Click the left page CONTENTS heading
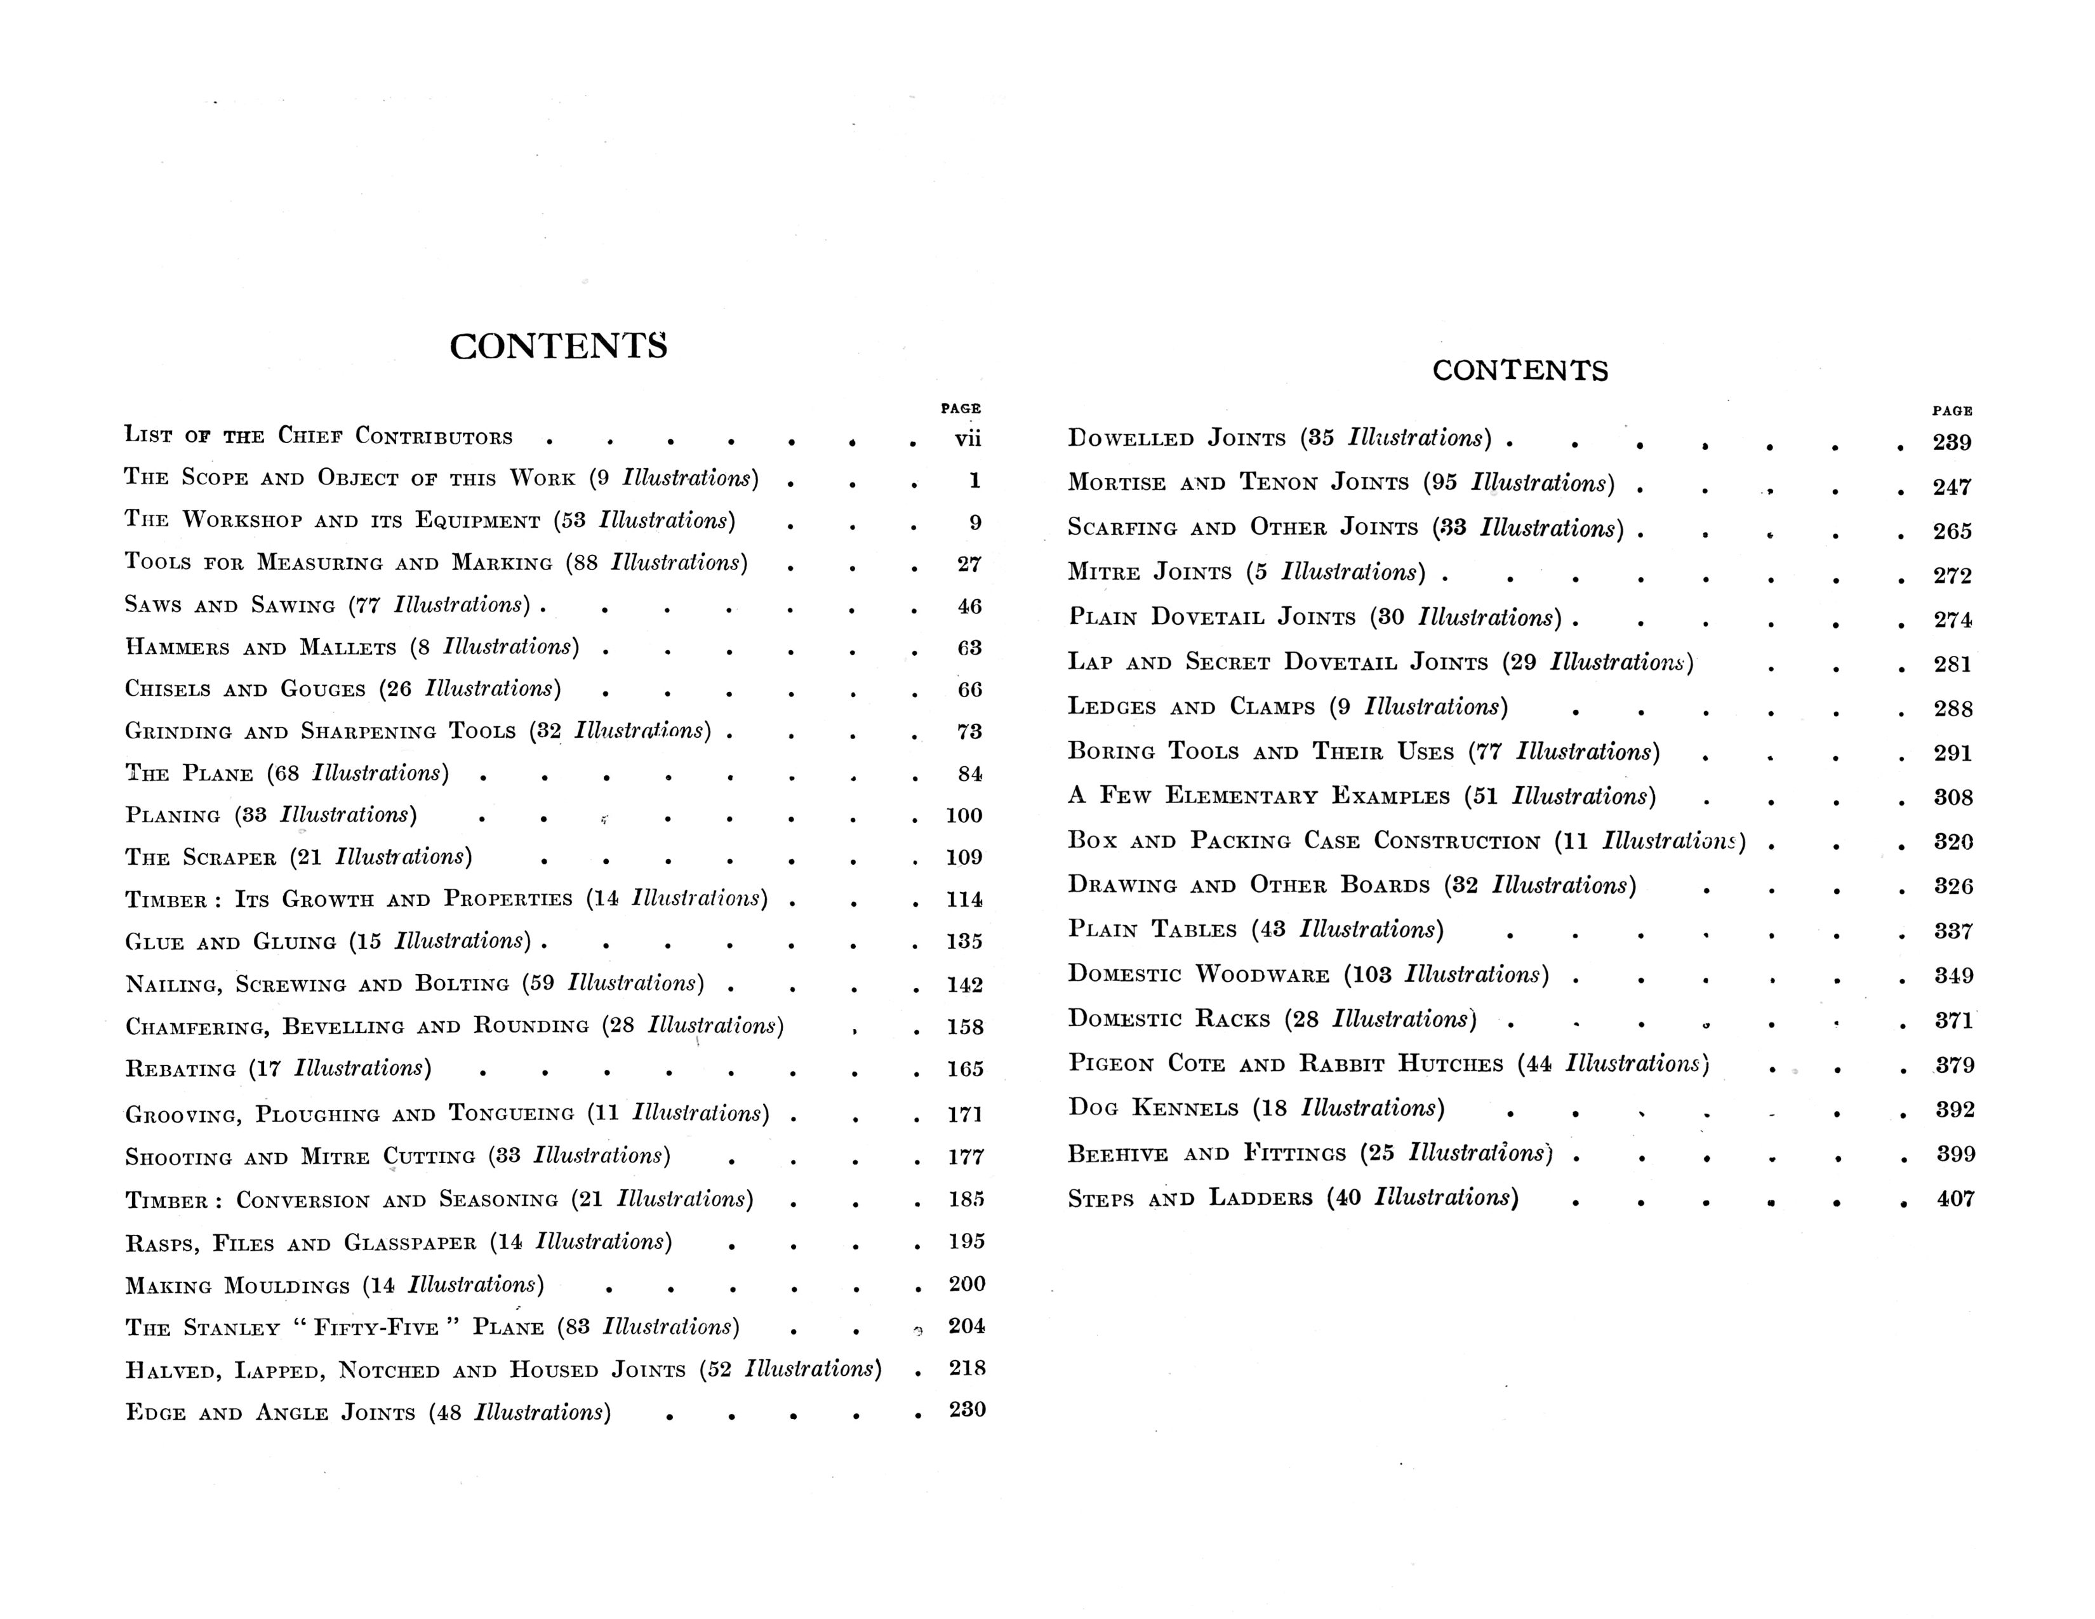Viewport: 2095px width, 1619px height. pos(558,346)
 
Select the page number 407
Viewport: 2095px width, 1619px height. pos(1955,1199)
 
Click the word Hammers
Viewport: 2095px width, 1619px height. pos(178,648)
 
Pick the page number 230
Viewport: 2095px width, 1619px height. pos(967,1410)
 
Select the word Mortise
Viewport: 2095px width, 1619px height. pos(1117,483)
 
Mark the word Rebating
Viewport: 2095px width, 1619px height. pos(180,1069)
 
